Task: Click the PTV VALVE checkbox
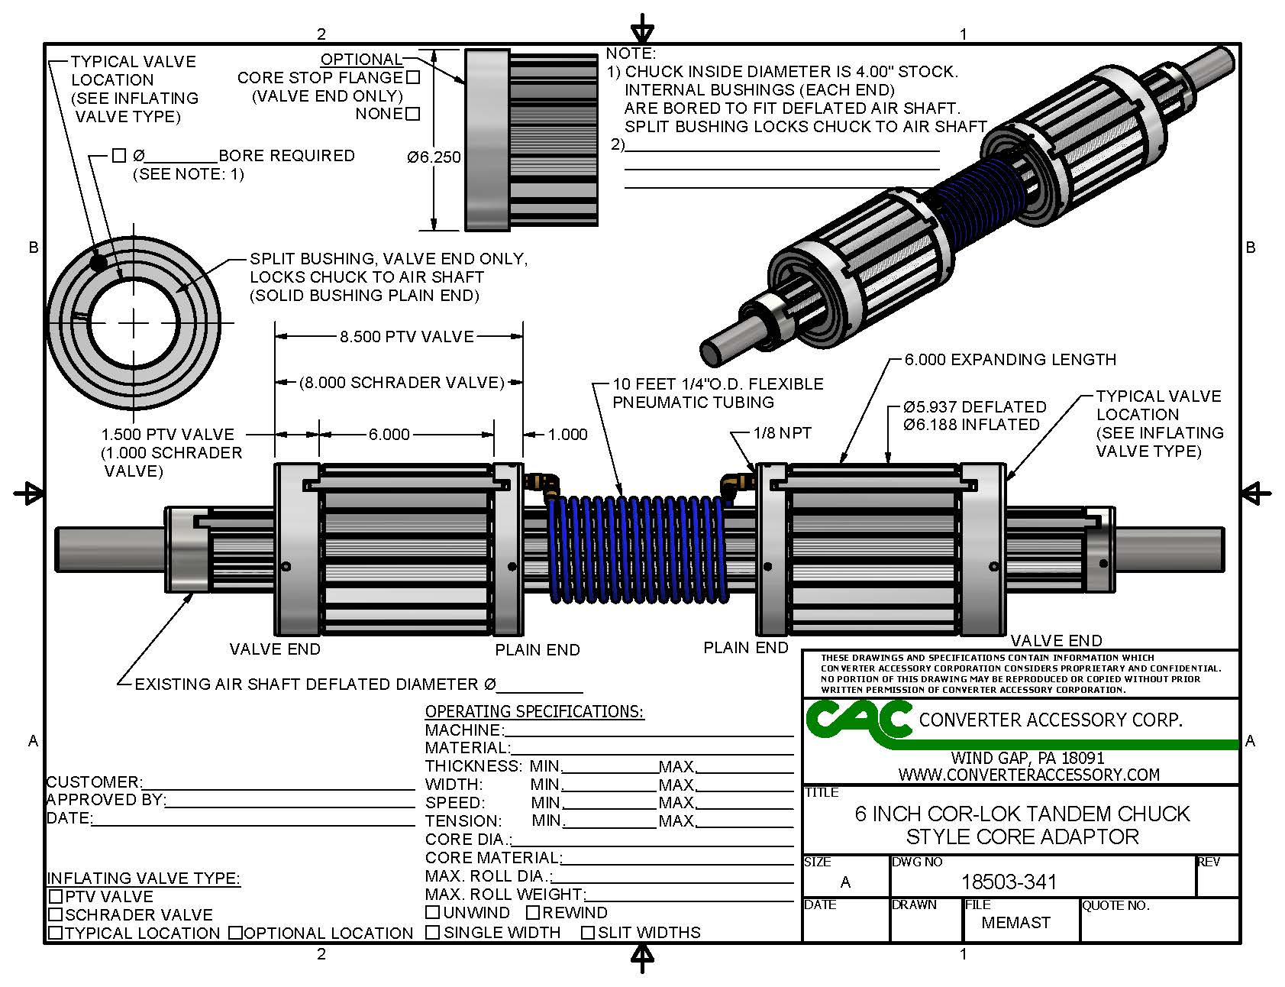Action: pos(55,896)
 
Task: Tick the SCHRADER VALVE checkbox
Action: pos(55,914)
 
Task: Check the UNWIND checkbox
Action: pos(432,912)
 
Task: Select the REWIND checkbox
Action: pos(533,912)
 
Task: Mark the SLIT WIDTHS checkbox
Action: pos(588,932)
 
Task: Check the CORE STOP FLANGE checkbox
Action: pos(413,77)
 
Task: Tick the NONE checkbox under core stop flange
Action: pos(413,114)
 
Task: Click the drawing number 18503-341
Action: pos(1009,882)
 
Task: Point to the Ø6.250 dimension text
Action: pos(434,157)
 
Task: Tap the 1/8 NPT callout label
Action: pos(782,433)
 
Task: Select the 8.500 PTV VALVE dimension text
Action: pos(406,336)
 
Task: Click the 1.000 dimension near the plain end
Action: pos(567,435)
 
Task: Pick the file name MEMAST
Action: pos(1015,923)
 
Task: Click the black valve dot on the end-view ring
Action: pos(98,263)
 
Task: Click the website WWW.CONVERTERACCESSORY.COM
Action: pos(1028,775)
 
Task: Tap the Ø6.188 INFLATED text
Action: pos(970,425)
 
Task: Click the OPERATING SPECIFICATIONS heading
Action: pos(534,712)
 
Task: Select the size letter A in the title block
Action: pos(844,882)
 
